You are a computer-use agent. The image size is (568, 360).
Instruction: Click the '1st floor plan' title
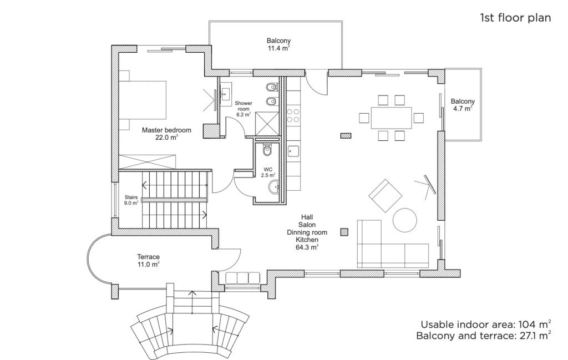pyautogui.click(x=515, y=18)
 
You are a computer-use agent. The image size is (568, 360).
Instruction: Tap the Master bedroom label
pyautogui.click(x=166, y=134)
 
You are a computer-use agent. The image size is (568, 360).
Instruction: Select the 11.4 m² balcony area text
pyautogui.click(x=278, y=48)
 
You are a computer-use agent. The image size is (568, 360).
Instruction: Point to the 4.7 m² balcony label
pyautogui.click(x=463, y=108)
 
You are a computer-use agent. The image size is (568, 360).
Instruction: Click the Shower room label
pyautogui.click(x=244, y=109)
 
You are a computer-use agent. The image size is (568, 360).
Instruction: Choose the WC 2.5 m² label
pyautogui.click(x=268, y=172)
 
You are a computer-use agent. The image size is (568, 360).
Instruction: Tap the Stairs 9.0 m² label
pyautogui.click(x=131, y=200)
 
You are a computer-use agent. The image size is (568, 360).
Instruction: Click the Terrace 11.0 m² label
pyautogui.click(x=149, y=260)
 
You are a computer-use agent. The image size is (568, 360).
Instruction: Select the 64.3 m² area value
pyautogui.click(x=307, y=247)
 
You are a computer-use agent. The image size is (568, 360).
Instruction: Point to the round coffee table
pyautogui.click(x=405, y=220)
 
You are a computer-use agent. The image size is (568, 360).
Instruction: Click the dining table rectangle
pyautogui.click(x=391, y=118)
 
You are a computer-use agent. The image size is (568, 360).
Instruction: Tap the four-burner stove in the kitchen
pyautogui.click(x=293, y=115)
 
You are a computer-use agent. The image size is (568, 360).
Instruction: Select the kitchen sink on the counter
pyautogui.click(x=293, y=151)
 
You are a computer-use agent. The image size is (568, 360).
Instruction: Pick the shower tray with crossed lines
pyautogui.click(x=267, y=124)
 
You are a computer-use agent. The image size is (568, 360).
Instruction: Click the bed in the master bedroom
pyautogui.click(x=143, y=100)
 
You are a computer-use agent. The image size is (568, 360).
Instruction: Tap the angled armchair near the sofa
pyautogui.click(x=386, y=196)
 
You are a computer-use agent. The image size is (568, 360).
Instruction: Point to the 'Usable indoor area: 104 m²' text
pyautogui.click(x=486, y=324)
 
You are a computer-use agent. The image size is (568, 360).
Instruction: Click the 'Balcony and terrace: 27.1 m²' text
pyautogui.click(x=484, y=336)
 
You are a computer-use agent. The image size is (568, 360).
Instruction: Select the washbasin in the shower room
pyautogui.click(x=226, y=94)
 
